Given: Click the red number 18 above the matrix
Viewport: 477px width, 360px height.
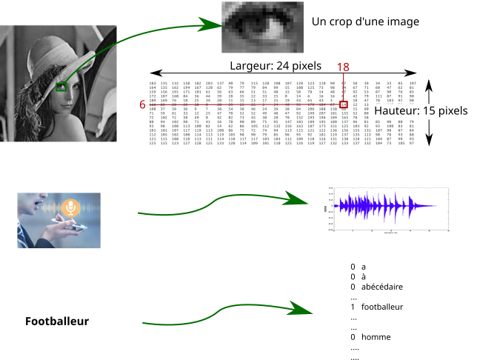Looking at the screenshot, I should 343,67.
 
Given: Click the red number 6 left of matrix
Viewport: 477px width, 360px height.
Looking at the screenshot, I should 142,105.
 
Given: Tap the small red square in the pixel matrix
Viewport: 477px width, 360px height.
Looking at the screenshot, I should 344,104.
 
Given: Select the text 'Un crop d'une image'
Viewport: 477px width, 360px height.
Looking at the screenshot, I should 366,22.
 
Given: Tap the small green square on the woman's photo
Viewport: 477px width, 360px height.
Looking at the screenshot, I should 61,87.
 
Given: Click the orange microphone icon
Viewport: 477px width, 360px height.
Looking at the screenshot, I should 70,207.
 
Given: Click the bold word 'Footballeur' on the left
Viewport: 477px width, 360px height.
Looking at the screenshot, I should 57,321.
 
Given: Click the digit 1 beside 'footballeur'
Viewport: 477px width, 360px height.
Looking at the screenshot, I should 353,307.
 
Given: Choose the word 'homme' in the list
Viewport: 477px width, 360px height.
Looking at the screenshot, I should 376,337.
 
